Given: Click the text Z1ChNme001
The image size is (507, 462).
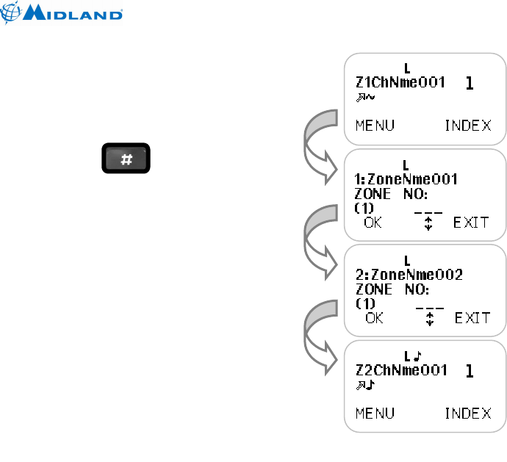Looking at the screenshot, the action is pos(400,82).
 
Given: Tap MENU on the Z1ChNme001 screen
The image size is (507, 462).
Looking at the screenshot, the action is pos(375,125).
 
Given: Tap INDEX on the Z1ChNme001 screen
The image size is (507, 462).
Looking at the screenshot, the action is pos(468,125).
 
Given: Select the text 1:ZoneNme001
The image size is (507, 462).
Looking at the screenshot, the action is pos(406,178).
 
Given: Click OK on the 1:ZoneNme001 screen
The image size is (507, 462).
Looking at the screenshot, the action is pos(373,222).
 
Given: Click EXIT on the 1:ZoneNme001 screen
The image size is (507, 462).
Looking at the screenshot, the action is pos(471,222).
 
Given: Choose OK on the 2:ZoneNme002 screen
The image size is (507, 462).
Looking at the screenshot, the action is pos(375,318).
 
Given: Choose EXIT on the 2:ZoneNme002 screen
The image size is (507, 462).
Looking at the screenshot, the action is pos(472,318).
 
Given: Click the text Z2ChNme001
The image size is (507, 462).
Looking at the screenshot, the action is pos(401,370).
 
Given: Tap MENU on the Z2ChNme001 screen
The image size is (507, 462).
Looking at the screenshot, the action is pos(375,413).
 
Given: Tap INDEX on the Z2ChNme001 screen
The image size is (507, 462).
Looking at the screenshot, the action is pos(468,413).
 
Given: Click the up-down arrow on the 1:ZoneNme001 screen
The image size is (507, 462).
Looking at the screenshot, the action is pos(429,223).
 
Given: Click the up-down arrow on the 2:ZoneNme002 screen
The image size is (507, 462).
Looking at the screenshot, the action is pos(431,319).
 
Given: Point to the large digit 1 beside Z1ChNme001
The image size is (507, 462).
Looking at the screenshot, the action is pos(470,84).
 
